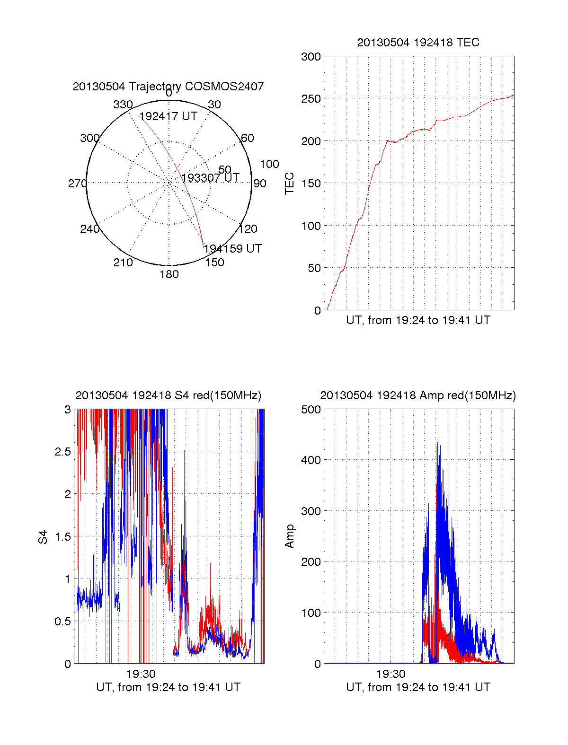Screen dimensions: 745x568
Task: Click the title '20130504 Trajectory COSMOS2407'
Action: [x=168, y=87]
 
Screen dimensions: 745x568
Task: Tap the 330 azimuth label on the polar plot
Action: [x=123, y=105]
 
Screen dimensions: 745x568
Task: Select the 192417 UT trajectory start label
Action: [x=168, y=116]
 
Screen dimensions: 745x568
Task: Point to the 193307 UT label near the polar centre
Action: [x=211, y=177]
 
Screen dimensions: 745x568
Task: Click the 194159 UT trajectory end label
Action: [x=232, y=249]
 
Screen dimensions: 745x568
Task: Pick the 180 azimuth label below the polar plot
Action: [x=169, y=274]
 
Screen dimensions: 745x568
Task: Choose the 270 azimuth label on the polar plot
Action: [x=77, y=184]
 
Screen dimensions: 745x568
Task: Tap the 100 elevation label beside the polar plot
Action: [x=269, y=164]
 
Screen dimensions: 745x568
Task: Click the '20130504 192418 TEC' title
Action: [x=418, y=43]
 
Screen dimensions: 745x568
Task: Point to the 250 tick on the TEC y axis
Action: [x=311, y=99]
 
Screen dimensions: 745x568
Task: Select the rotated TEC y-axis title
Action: [x=289, y=184]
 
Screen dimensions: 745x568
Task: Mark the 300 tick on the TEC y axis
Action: [x=311, y=57]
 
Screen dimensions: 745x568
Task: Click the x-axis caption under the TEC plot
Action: [x=418, y=320]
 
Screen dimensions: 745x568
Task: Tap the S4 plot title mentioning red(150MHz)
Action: [x=168, y=395]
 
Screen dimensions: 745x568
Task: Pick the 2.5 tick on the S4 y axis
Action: [x=62, y=452]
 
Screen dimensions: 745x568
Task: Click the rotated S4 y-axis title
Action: [x=43, y=537]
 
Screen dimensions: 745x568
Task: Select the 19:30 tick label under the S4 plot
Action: [x=141, y=674]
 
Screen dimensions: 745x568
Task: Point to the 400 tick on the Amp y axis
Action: [x=311, y=460]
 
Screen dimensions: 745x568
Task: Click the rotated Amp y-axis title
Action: [x=289, y=536]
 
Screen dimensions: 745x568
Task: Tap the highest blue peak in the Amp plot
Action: [x=440, y=438]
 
